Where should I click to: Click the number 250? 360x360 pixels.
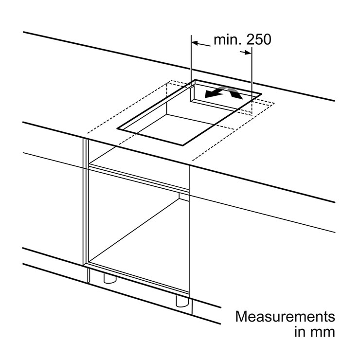(259, 39)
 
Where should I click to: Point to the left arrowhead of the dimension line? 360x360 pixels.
(194, 43)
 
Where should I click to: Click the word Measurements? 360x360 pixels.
(285, 317)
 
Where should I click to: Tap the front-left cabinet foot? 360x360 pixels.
(110, 278)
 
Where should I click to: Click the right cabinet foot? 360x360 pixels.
(182, 301)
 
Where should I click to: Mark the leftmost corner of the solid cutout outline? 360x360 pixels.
(117, 128)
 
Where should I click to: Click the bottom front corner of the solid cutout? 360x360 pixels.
(183, 145)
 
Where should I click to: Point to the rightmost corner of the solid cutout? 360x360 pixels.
(262, 94)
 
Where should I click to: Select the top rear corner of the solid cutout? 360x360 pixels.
(195, 80)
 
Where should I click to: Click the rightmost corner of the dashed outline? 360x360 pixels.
(274, 104)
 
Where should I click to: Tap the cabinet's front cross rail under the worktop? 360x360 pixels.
(139, 176)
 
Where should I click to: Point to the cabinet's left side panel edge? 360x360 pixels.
(86, 202)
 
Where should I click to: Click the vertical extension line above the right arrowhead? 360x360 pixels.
(252, 80)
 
